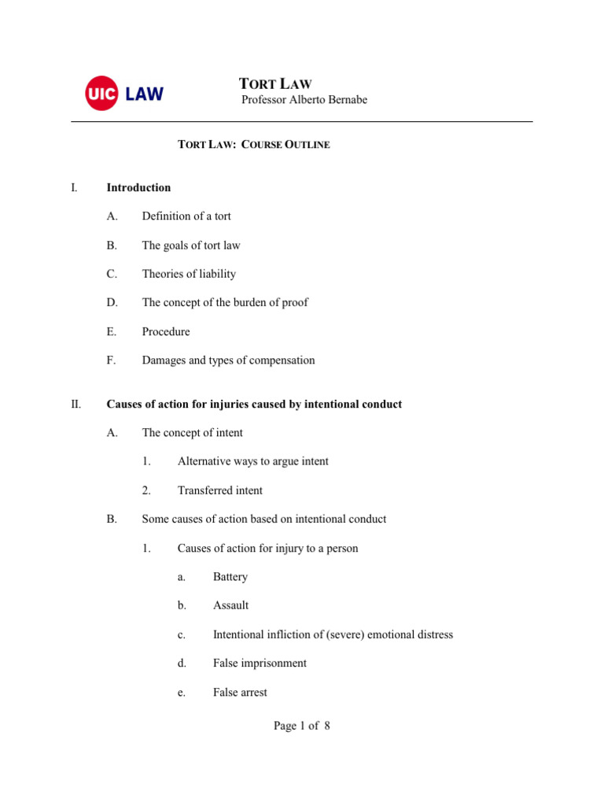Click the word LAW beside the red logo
click(x=143, y=94)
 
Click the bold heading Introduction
click(x=138, y=187)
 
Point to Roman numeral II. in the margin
click(x=75, y=404)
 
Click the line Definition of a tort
click(x=186, y=216)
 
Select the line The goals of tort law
click(x=191, y=245)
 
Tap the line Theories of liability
click(x=189, y=274)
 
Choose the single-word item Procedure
click(x=166, y=331)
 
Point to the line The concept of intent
click(x=193, y=432)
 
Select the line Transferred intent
click(x=220, y=490)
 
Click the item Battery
click(x=230, y=577)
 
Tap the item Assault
click(x=230, y=606)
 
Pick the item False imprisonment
click(x=260, y=664)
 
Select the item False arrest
click(x=240, y=693)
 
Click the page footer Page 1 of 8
click(x=302, y=727)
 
